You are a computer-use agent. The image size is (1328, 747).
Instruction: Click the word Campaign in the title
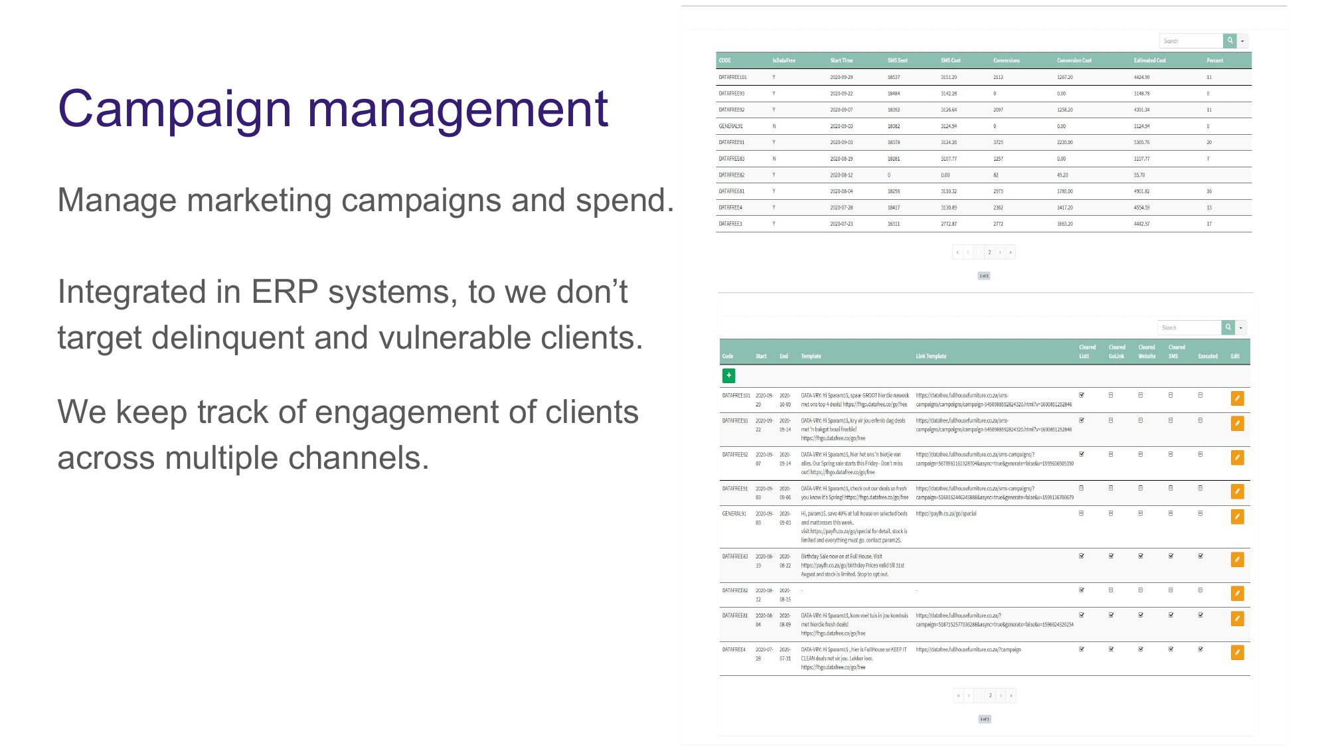point(175,110)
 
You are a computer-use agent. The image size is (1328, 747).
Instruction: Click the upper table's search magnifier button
point(1230,41)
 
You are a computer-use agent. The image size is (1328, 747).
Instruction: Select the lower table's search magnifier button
point(1228,327)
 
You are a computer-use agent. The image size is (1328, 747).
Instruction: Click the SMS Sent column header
point(897,60)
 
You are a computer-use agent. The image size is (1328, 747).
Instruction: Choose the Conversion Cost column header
point(1074,60)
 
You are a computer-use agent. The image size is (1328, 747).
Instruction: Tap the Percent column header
point(1214,60)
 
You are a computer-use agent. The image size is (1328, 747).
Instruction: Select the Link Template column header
point(931,357)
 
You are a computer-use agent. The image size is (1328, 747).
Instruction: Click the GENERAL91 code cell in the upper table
point(730,126)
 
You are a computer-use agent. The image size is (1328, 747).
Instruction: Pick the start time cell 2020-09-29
point(841,77)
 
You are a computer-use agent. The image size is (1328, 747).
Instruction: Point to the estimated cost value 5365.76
point(1141,142)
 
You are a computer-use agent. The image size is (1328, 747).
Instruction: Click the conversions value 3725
point(998,142)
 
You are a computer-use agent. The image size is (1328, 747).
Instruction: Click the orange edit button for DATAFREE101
point(1237,398)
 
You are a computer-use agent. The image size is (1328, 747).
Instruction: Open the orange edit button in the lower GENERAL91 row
point(1237,517)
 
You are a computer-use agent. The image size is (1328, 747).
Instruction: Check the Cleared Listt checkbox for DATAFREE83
point(1082,556)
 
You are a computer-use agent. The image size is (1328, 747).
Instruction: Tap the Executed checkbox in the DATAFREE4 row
point(1201,649)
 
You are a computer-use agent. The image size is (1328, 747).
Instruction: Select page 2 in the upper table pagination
point(989,252)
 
